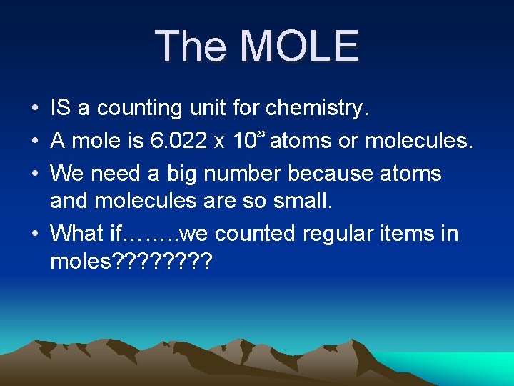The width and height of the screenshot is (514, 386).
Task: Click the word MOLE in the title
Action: coord(299,46)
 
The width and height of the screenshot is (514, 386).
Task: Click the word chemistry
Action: coord(317,108)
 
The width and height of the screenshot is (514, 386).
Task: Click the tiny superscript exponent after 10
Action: coord(261,134)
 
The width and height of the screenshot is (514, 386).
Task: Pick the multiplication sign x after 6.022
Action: coord(221,142)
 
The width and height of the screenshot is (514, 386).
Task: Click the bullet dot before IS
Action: coord(34,109)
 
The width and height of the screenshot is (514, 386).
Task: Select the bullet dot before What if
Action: coord(34,234)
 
